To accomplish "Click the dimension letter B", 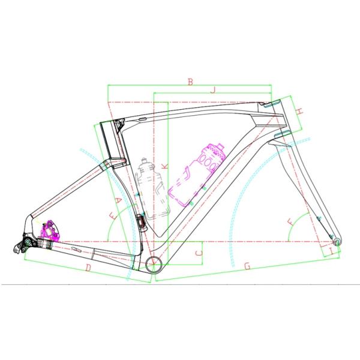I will click(x=190, y=82).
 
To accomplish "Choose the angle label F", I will click(x=292, y=222).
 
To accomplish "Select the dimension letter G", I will click(x=247, y=266).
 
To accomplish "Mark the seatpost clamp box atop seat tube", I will click(x=111, y=139).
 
